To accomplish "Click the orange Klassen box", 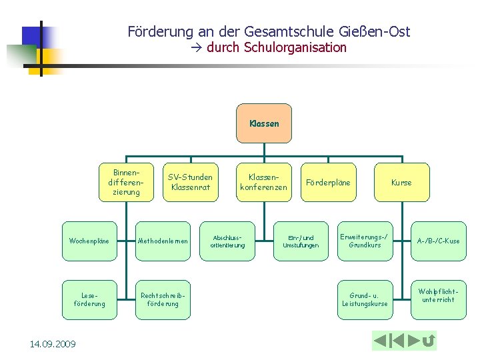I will [x=264, y=123].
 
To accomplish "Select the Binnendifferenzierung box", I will [x=127, y=182].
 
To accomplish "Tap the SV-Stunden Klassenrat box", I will [x=190, y=182].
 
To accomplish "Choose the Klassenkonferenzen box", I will [x=263, y=182].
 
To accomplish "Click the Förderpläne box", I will [x=328, y=182].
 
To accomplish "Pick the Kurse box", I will [x=401, y=182].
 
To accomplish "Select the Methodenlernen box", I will [x=163, y=241].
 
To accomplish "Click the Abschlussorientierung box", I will [x=227, y=241].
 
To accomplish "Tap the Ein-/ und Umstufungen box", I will [x=301, y=241].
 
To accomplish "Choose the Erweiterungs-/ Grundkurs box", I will [x=365, y=241].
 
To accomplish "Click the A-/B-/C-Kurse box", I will [x=438, y=241].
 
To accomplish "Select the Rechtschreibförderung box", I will [x=163, y=299].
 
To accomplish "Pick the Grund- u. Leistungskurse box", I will [x=365, y=299].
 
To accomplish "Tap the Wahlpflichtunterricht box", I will [x=438, y=295].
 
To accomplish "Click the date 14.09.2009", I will [x=53, y=344].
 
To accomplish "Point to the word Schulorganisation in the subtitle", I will [x=295, y=47].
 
